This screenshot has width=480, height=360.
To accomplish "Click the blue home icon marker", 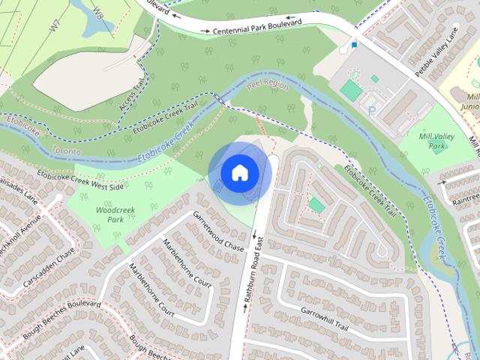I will click(239, 172).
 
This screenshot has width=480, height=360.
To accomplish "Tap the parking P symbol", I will click(372, 109).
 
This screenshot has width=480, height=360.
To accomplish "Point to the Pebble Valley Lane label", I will click(434, 52).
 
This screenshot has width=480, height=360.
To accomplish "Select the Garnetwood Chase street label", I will click(218, 231).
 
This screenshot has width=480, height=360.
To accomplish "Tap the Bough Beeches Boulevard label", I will click(57, 317).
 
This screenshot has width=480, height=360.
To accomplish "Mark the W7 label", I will click(55, 26).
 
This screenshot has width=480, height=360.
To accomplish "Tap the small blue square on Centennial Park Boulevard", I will click(354, 44).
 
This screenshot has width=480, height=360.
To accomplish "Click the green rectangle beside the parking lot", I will click(351, 90).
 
